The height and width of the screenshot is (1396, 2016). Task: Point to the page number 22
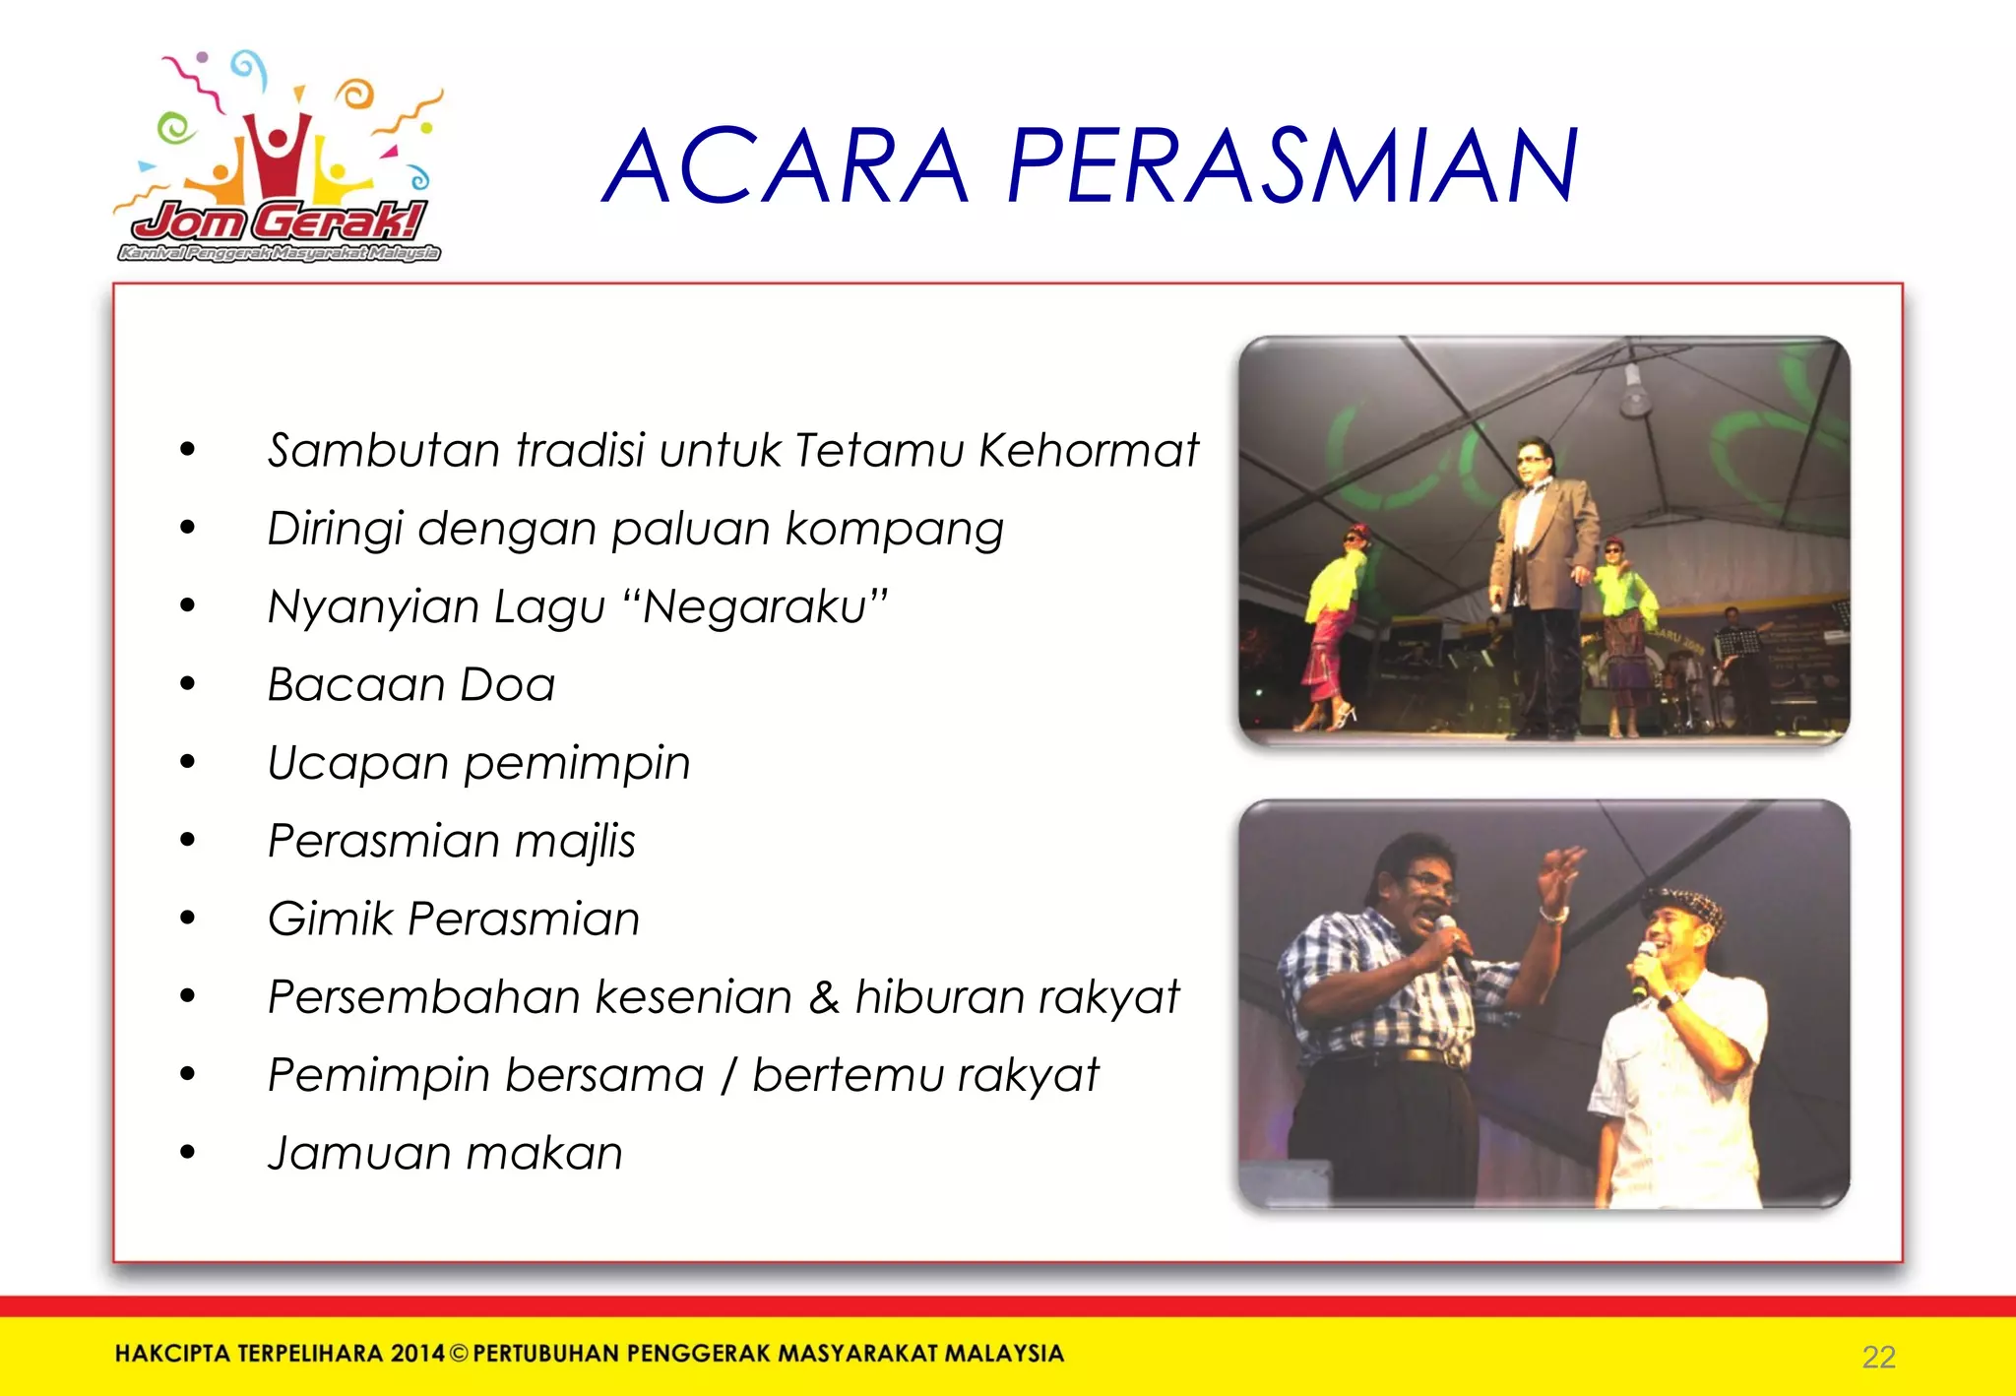pyautogui.click(x=1878, y=1357)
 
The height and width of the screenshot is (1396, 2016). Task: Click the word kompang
pyautogui.click(x=894, y=530)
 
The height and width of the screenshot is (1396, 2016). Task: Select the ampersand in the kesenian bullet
pyautogui.click(x=824, y=997)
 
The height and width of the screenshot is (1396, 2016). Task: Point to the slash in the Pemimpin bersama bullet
pyautogui.click(x=728, y=1075)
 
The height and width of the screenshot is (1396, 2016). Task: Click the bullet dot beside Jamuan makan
pyautogui.click(x=188, y=1152)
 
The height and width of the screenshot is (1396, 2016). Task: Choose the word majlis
pyautogui.click(x=575, y=842)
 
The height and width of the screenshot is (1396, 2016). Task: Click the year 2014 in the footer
pyautogui.click(x=417, y=1354)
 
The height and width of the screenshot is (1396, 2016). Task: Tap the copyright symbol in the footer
pyautogui.click(x=459, y=1354)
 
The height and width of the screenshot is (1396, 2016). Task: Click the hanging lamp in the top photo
pyautogui.click(x=1634, y=394)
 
